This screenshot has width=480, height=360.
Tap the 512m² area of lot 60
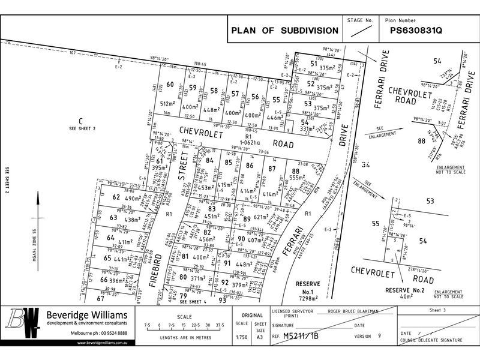click(x=167, y=103)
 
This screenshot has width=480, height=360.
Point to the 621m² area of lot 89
click(x=261, y=217)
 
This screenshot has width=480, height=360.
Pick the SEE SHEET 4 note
click(x=190, y=301)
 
